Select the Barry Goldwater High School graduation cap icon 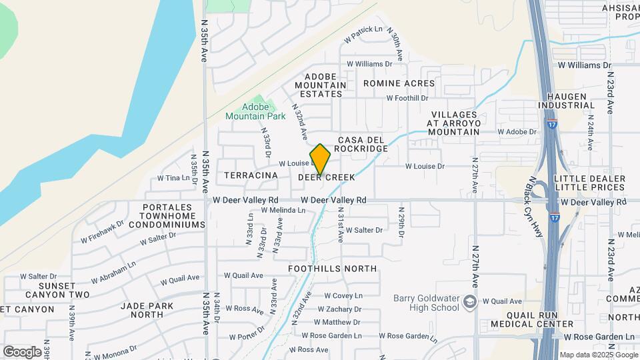pos(471,302)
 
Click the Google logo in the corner pos(22,351)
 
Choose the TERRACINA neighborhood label pos(251,175)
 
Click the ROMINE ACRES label pos(399,83)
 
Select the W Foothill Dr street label pos(407,98)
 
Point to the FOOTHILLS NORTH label pos(332,269)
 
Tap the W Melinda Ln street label pos(283,210)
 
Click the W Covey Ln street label pos(343,295)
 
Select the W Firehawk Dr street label pos(102,232)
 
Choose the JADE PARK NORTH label pos(147,310)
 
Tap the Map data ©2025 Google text pos(599,355)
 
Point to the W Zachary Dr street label pos(339,309)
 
